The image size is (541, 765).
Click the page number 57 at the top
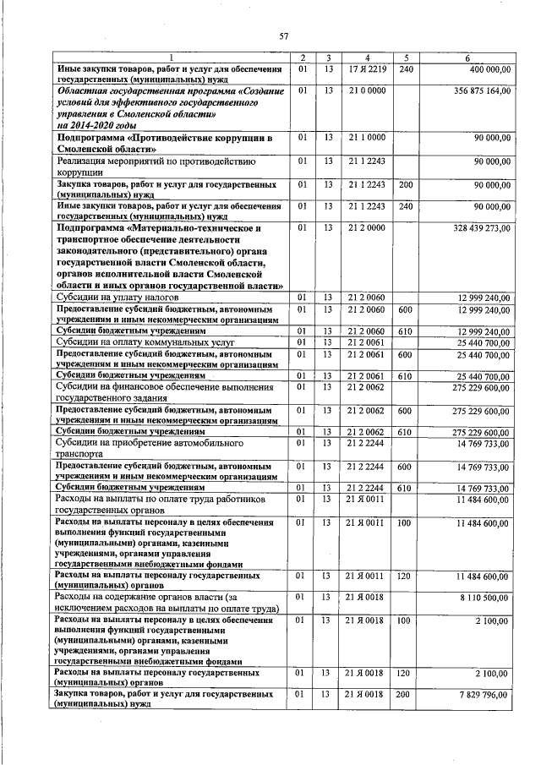(x=284, y=36)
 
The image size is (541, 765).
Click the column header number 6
(x=478, y=57)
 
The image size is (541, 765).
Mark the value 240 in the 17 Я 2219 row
(x=406, y=68)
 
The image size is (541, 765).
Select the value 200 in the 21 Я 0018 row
(x=406, y=694)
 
